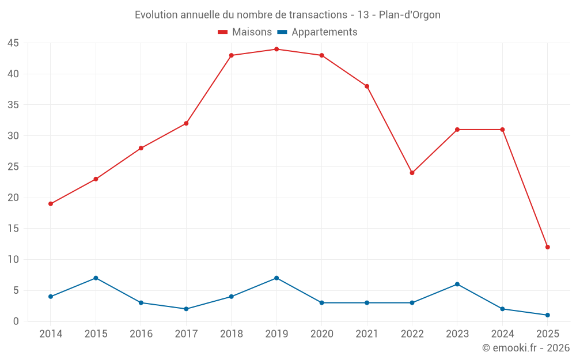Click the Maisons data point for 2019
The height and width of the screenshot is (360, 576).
coord(276,49)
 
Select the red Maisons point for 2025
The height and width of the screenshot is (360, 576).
coord(548,247)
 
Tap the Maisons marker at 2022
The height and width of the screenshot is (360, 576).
coord(412,173)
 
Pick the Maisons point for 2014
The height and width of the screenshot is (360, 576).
coord(51,204)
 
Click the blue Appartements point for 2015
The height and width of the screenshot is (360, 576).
coord(96,278)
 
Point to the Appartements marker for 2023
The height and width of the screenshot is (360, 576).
coord(457,284)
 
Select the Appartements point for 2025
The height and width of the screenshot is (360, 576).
coord(548,315)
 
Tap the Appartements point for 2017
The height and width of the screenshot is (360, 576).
coord(186,309)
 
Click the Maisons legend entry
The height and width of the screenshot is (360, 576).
coord(245,32)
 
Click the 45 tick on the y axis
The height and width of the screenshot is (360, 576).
coord(13,43)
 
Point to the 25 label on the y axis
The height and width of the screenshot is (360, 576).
coord(13,167)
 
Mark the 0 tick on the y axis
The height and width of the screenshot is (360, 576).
coord(16,321)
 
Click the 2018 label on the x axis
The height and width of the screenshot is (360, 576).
coord(231,334)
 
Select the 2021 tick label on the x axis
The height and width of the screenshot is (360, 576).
coord(367,334)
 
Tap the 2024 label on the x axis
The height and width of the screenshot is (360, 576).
coord(502,334)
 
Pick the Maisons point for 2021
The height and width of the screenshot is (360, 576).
coord(367,86)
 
